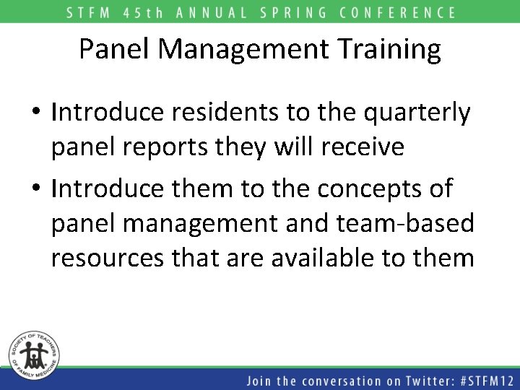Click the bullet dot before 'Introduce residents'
click(x=35, y=114)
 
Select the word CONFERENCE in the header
click(x=404, y=12)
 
